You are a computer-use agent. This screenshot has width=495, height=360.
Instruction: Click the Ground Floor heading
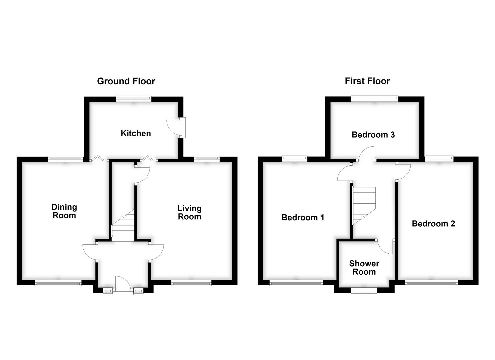126,81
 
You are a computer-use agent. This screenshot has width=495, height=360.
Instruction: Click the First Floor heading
367,81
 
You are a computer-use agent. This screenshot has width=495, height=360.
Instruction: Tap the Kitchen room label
136,133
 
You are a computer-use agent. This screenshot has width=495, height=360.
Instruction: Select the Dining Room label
64,211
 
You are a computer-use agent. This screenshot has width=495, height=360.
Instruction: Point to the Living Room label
189,213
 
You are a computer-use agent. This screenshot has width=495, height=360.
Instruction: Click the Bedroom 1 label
303,218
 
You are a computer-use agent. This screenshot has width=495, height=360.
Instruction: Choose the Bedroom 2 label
433,224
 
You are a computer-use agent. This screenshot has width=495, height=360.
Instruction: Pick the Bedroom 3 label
373,135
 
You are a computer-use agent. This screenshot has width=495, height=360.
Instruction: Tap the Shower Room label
364,268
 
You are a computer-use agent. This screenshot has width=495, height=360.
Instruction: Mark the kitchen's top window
134,99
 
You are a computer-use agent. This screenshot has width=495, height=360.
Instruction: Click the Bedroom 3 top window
374,99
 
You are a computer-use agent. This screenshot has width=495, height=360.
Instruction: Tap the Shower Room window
364,291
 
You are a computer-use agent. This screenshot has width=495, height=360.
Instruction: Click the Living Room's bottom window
191,283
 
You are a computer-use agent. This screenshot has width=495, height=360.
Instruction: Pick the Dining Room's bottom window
58,283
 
